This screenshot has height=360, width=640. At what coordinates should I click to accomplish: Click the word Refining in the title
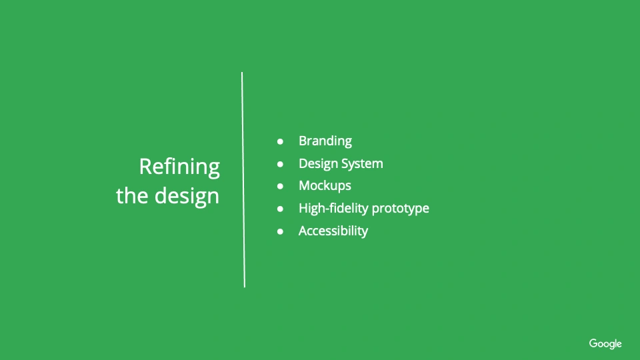179,167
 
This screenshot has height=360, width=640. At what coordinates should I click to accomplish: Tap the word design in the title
187,196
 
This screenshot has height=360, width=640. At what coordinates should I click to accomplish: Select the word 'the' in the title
132,195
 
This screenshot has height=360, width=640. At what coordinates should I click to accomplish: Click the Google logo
605,344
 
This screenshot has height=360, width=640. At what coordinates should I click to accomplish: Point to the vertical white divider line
243,179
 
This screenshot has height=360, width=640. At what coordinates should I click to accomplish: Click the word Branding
325,141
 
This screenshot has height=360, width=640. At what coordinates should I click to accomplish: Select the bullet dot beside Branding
280,141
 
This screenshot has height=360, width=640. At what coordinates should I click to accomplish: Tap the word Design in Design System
317,164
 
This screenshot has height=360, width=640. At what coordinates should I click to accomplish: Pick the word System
362,164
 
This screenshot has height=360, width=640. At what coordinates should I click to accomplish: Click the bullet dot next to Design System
280,164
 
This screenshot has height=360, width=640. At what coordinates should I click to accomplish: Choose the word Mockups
325,186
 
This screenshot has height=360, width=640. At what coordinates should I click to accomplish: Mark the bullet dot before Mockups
280,186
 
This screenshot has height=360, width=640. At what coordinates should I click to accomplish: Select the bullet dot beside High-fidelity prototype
280,209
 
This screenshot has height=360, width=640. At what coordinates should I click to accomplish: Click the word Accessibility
333,231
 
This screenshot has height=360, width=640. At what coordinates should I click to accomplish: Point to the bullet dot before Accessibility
280,231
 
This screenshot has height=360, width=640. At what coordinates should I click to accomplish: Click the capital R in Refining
146,167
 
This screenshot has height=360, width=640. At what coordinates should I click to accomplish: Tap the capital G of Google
593,343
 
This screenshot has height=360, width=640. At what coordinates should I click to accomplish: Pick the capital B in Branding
303,141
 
